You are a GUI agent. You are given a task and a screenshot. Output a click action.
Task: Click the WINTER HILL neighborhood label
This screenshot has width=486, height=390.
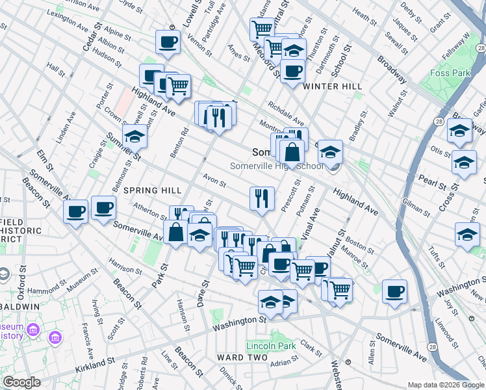click(x=327, y=86)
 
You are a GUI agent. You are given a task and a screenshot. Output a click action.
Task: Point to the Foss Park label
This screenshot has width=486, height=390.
click(x=451, y=73)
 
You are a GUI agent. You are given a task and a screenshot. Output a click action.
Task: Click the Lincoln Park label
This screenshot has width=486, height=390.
click(x=271, y=346)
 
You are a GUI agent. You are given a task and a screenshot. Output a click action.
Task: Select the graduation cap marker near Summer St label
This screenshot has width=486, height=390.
click(x=134, y=136)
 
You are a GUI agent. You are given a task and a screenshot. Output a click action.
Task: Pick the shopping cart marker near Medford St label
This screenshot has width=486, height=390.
click(x=261, y=29)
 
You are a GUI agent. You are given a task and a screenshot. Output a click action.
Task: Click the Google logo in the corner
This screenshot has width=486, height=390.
click(x=22, y=382)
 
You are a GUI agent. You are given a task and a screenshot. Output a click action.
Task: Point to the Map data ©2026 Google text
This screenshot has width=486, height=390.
click(x=446, y=385)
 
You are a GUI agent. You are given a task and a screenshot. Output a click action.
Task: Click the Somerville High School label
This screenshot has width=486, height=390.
click(x=277, y=166)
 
